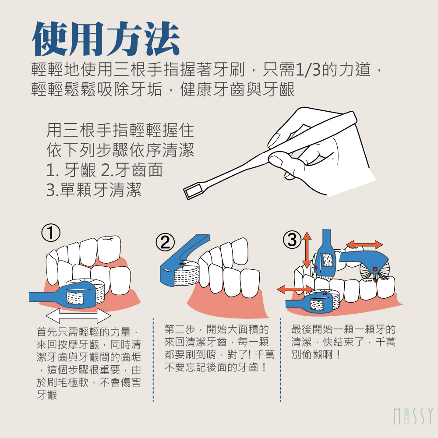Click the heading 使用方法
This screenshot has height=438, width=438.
[x=106, y=39]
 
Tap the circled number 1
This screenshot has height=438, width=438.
[x=51, y=233]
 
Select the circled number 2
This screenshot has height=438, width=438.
[x=166, y=243]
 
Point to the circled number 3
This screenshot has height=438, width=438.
[x=292, y=240]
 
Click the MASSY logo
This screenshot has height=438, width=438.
[x=413, y=416]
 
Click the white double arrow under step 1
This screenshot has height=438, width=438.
[x=78, y=316]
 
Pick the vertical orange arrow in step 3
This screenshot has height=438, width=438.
[x=307, y=250]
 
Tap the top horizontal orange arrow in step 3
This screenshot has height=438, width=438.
[x=364, y=244]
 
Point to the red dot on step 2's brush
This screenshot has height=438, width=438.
[x=182, y=263]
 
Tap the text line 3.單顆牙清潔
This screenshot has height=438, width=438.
[x=94, y=190]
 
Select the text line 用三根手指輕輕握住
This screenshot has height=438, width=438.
[x=120, y=131]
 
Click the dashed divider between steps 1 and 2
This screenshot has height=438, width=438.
[x=153, y=360]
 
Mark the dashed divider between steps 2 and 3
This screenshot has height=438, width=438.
[x=280, y=360]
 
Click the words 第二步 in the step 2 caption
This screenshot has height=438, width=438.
[x=180, y=329]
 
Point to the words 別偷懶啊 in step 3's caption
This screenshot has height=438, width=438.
[x=312, y=354]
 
